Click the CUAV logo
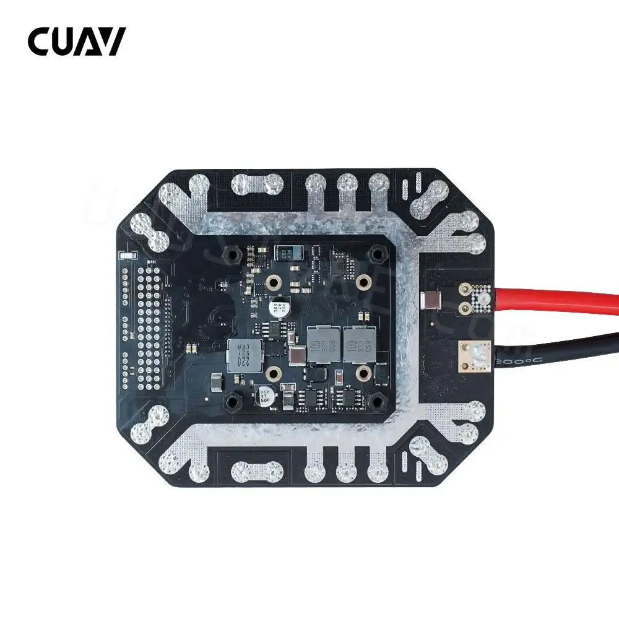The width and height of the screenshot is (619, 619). coord(76,41)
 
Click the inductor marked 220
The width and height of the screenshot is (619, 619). coord(241,355)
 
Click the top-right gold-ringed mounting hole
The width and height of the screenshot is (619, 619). coord(365,282)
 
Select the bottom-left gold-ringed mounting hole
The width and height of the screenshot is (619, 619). coord(273,373)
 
